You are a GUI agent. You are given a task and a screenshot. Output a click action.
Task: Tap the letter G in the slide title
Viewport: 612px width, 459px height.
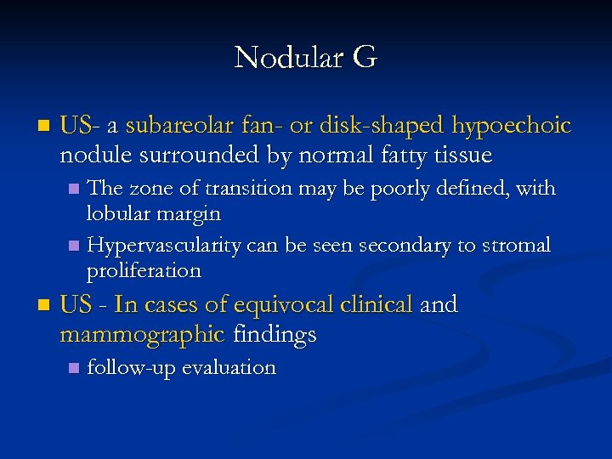coord(363,58)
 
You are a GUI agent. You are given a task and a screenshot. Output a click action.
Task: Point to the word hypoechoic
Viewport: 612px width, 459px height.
coord(511,127)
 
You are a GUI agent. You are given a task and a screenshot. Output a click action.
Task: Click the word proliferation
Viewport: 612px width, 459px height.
coord(144,271)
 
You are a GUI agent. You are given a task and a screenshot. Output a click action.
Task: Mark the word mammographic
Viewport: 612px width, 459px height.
coord(142,335)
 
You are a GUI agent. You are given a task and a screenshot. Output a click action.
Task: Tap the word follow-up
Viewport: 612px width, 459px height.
coord(123,368)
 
